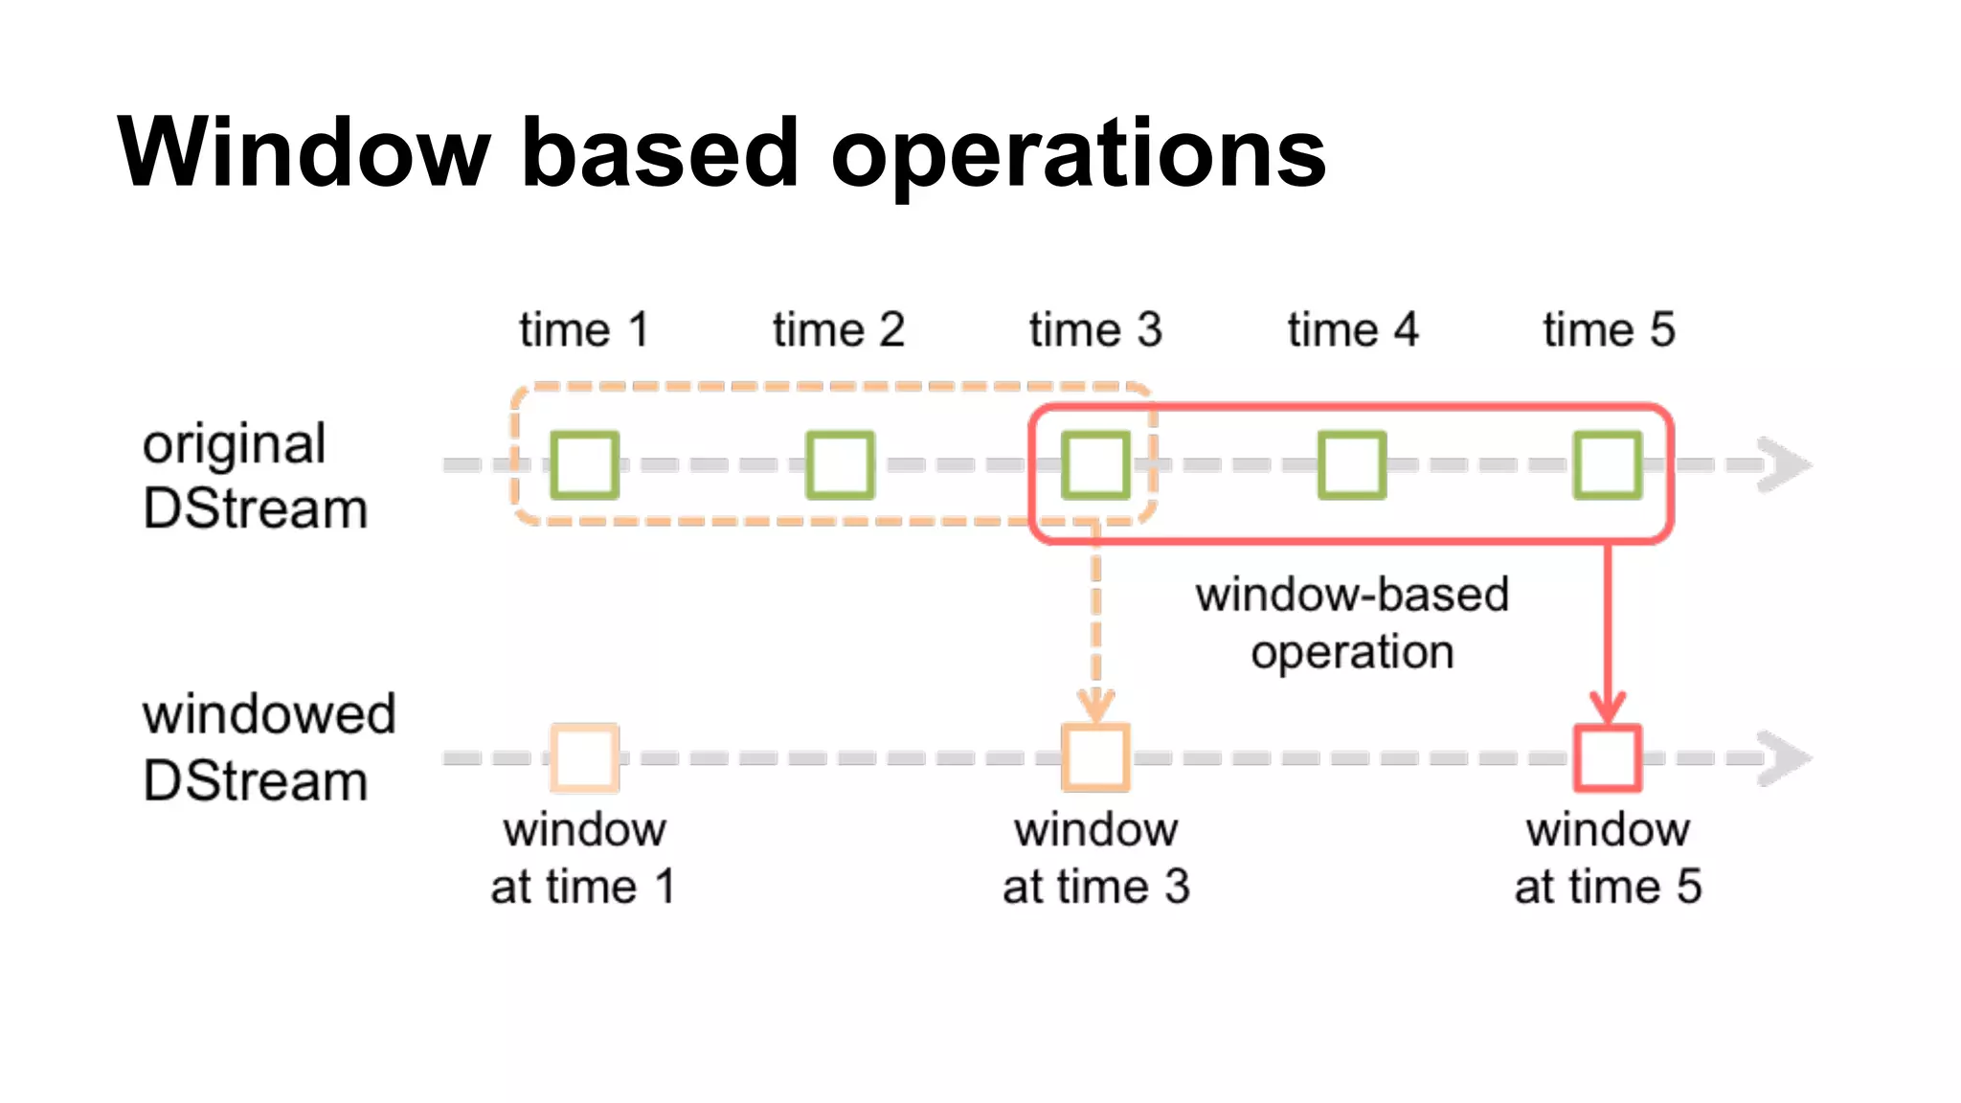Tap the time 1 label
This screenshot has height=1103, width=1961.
pyautogui.click(x=584, y=330)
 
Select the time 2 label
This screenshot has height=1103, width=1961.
pyautogui.click(x=839, y=330)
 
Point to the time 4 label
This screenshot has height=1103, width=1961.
pyautogui.click(x=1352, y=330)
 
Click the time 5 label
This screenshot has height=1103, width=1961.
pyautogui.click(x=1609, y=330)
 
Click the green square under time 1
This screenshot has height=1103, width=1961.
pyautogui.click(x=584, y=465)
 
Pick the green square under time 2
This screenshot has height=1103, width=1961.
pyautogui.click(x=840, y=465)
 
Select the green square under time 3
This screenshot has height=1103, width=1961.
pyautogui.click(x=1095, y=465)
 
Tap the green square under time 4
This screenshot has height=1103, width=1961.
pyautogui.click(x=1351, y=465)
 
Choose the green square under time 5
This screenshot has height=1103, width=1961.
pyautogui.click(x=1608, y=465)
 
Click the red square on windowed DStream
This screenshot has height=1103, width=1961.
pyautogui.click(x=1608, y=757)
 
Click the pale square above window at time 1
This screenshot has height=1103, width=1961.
pyautogui.click(x=584, y=757)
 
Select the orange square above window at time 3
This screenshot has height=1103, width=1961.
pyautogui.click(x=1095, y=757)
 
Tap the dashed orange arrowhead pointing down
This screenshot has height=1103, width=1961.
pyautogui.click(x=1095, y=707)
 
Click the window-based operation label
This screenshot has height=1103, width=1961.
pyautogui.click(x=1352, y=622)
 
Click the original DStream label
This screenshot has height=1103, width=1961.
pyautogui.click(x=255, y=476)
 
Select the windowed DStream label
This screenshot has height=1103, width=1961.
pyautogui.click(x=268, y=747)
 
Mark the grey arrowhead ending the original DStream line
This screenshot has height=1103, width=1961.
pyautogui.click(x=1785, y=465)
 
